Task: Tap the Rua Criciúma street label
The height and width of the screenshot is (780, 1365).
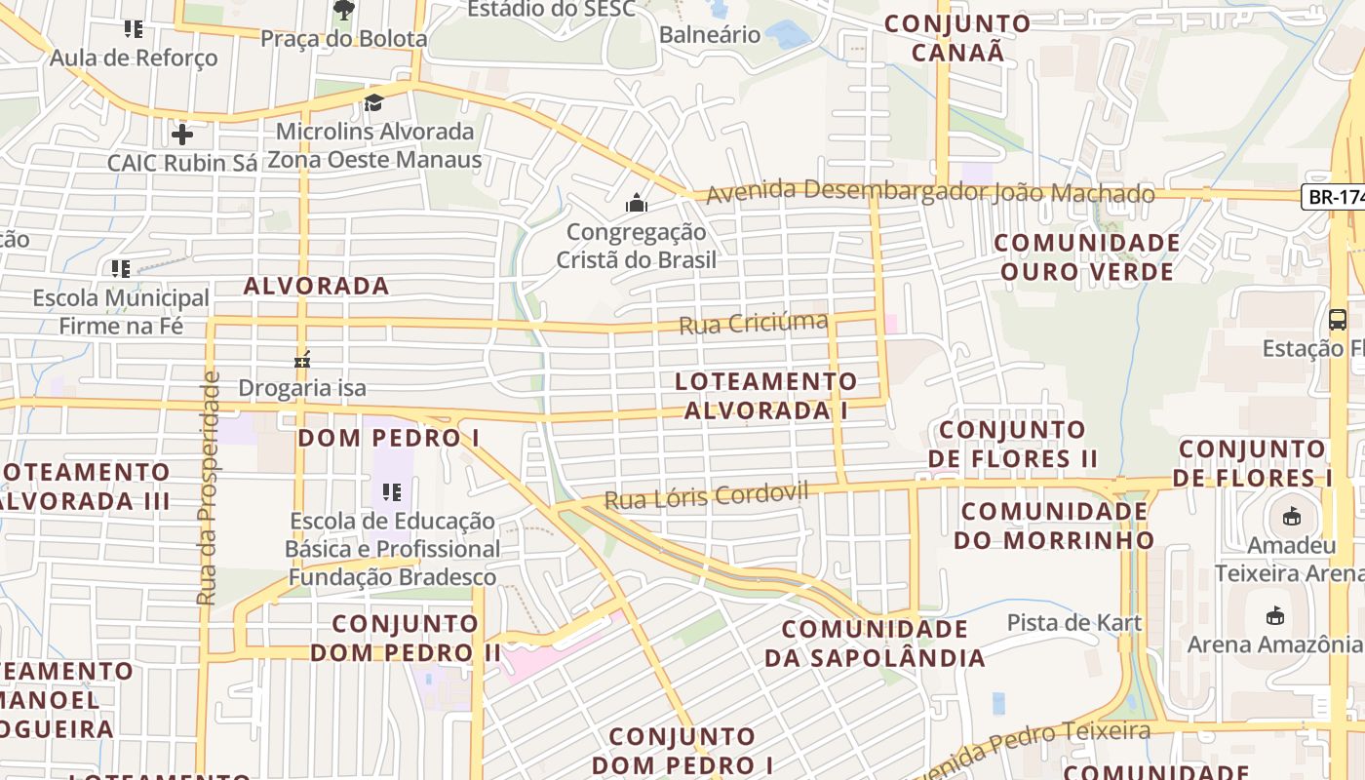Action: point(753,323)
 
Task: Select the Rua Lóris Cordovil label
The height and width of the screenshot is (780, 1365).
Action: point(706,496)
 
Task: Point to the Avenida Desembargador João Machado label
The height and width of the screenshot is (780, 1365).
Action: point(930,193)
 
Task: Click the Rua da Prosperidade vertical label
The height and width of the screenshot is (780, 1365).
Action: point(208,487)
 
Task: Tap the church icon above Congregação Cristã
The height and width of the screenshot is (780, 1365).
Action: point(637,204)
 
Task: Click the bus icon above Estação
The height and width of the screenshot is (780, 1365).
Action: point(1338,319)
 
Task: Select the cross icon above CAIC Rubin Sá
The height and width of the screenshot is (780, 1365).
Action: point(181,134)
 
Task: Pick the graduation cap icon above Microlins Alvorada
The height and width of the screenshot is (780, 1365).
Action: point(373,102)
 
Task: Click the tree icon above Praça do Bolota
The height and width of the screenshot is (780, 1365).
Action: point(343,10)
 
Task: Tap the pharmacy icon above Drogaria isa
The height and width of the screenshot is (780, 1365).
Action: point(302,360)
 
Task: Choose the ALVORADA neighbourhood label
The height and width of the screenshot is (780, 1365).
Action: point(316,286)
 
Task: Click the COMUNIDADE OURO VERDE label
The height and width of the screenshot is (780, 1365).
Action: point(1087,256)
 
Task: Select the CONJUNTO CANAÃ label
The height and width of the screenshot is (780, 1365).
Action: point(957,38)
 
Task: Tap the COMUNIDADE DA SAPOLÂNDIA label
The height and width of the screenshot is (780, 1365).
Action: point(875,643)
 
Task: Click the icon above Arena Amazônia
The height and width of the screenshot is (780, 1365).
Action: point(1274,615)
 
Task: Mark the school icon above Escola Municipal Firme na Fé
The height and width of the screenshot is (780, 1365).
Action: point(121,268)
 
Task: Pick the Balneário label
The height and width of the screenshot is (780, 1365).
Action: point(710,35)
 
